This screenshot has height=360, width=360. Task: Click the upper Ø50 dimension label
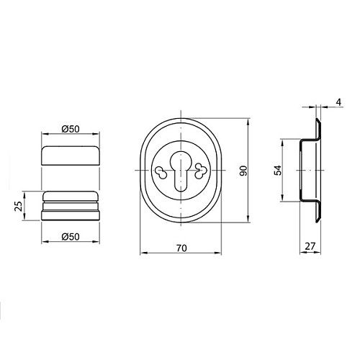(x=71, y=129)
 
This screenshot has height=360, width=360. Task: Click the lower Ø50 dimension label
(x=71, y=237)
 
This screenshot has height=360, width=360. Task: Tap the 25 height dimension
(x=18, y=206)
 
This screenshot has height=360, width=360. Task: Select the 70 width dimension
(x=181, y=248)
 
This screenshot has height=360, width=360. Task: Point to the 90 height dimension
(x=243, y=171)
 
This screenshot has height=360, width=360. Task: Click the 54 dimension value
(x=278, y=171)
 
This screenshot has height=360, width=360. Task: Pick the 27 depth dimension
(x=310, y=246)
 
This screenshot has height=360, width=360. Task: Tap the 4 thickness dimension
(x=338, y=102)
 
